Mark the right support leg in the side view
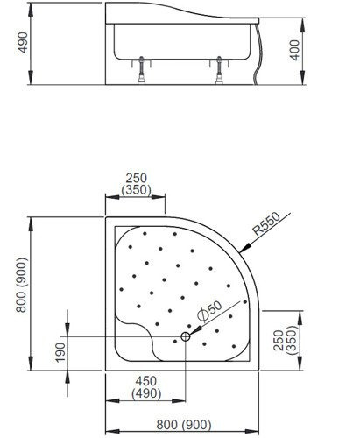click(x=216, y=75)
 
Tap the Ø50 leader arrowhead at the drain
click(x=191, y=333)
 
